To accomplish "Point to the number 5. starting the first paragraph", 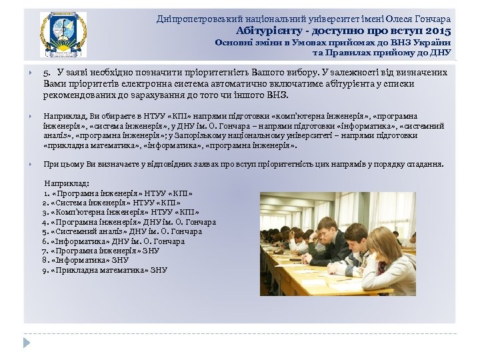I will pos(47,73).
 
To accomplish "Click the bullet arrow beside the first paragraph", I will pos(31,73).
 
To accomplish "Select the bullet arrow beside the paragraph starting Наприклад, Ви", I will pos(31,115).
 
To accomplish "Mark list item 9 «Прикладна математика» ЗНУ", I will pos(105,270).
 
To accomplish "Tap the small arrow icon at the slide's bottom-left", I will pos(27,341).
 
